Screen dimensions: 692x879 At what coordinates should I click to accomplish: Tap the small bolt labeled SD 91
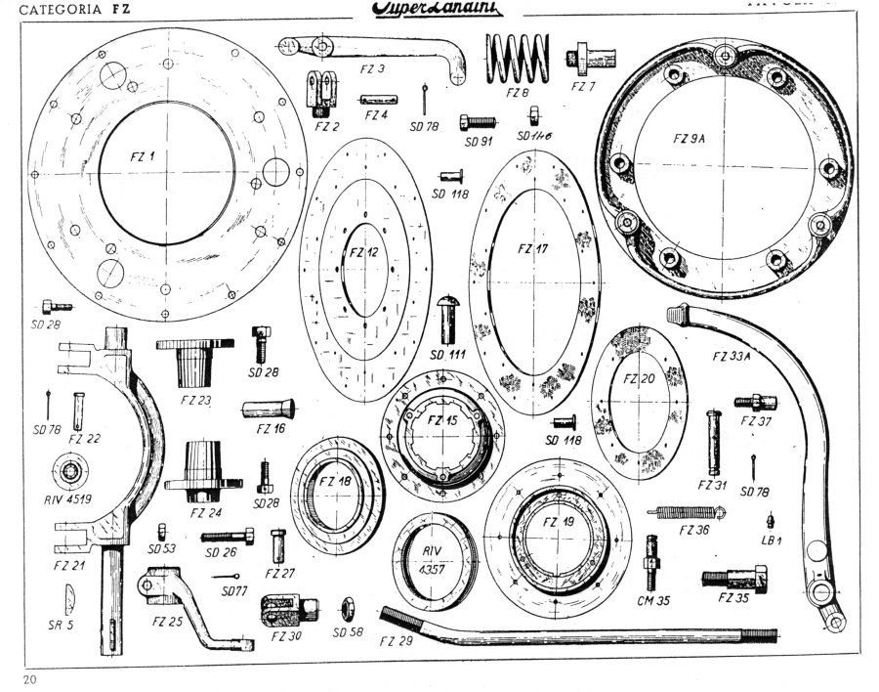tap(477, 122)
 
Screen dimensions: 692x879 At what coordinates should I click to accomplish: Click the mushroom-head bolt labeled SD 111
tap(449, 314)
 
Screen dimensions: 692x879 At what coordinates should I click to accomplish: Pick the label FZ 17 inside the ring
tap(532, 248)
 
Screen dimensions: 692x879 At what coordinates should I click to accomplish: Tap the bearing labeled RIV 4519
tap(74, 472)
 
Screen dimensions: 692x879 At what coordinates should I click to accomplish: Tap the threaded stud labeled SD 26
tap(228, 535)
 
